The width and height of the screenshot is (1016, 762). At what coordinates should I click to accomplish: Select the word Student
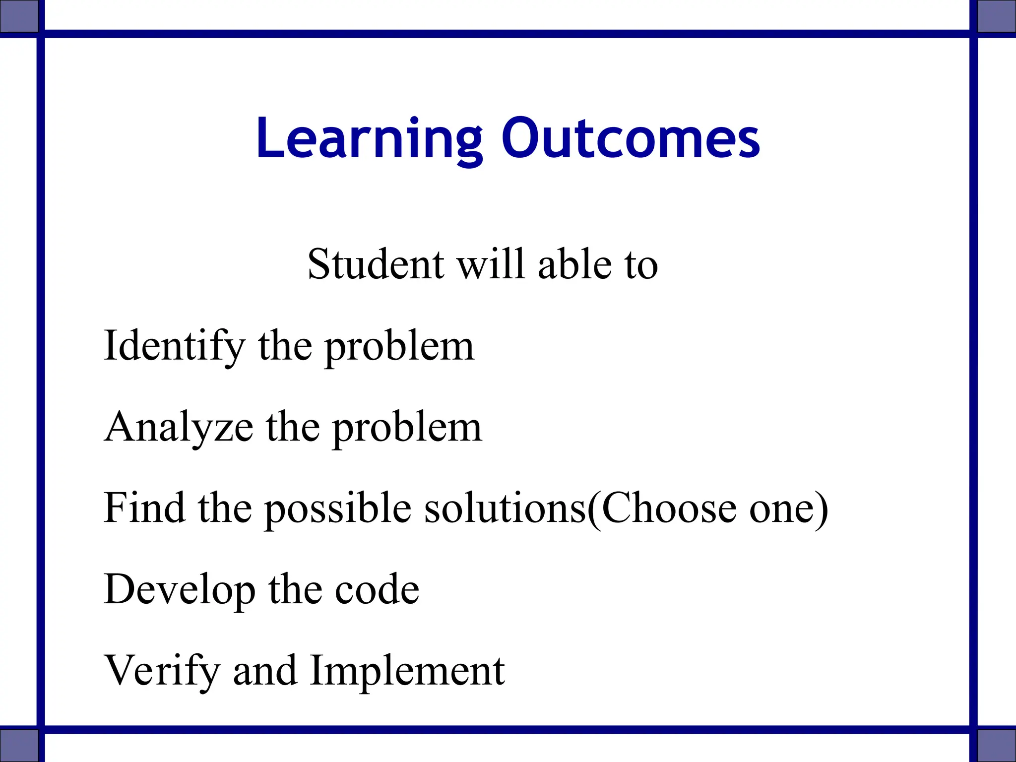point(376,264)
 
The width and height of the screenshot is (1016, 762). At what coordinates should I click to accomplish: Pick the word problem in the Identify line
point(399,347)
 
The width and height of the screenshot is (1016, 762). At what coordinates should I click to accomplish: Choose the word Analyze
point(179,428)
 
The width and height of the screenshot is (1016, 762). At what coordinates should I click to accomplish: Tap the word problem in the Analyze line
point(407,429)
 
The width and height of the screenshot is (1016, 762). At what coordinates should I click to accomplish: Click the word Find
point(144,508)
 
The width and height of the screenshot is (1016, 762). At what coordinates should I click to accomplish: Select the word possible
point(337,510)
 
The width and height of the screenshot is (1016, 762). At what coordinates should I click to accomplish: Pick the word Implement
point(407,672)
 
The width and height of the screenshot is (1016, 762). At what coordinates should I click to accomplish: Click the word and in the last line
point(264,671)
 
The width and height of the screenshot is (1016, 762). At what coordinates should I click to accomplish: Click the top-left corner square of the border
point(19,16)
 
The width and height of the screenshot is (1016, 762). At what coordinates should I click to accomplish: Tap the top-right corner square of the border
point(996,16)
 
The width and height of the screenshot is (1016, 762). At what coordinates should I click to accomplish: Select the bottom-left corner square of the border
point(19,745)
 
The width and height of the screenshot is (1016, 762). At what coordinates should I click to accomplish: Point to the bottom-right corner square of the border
point(996,745)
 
